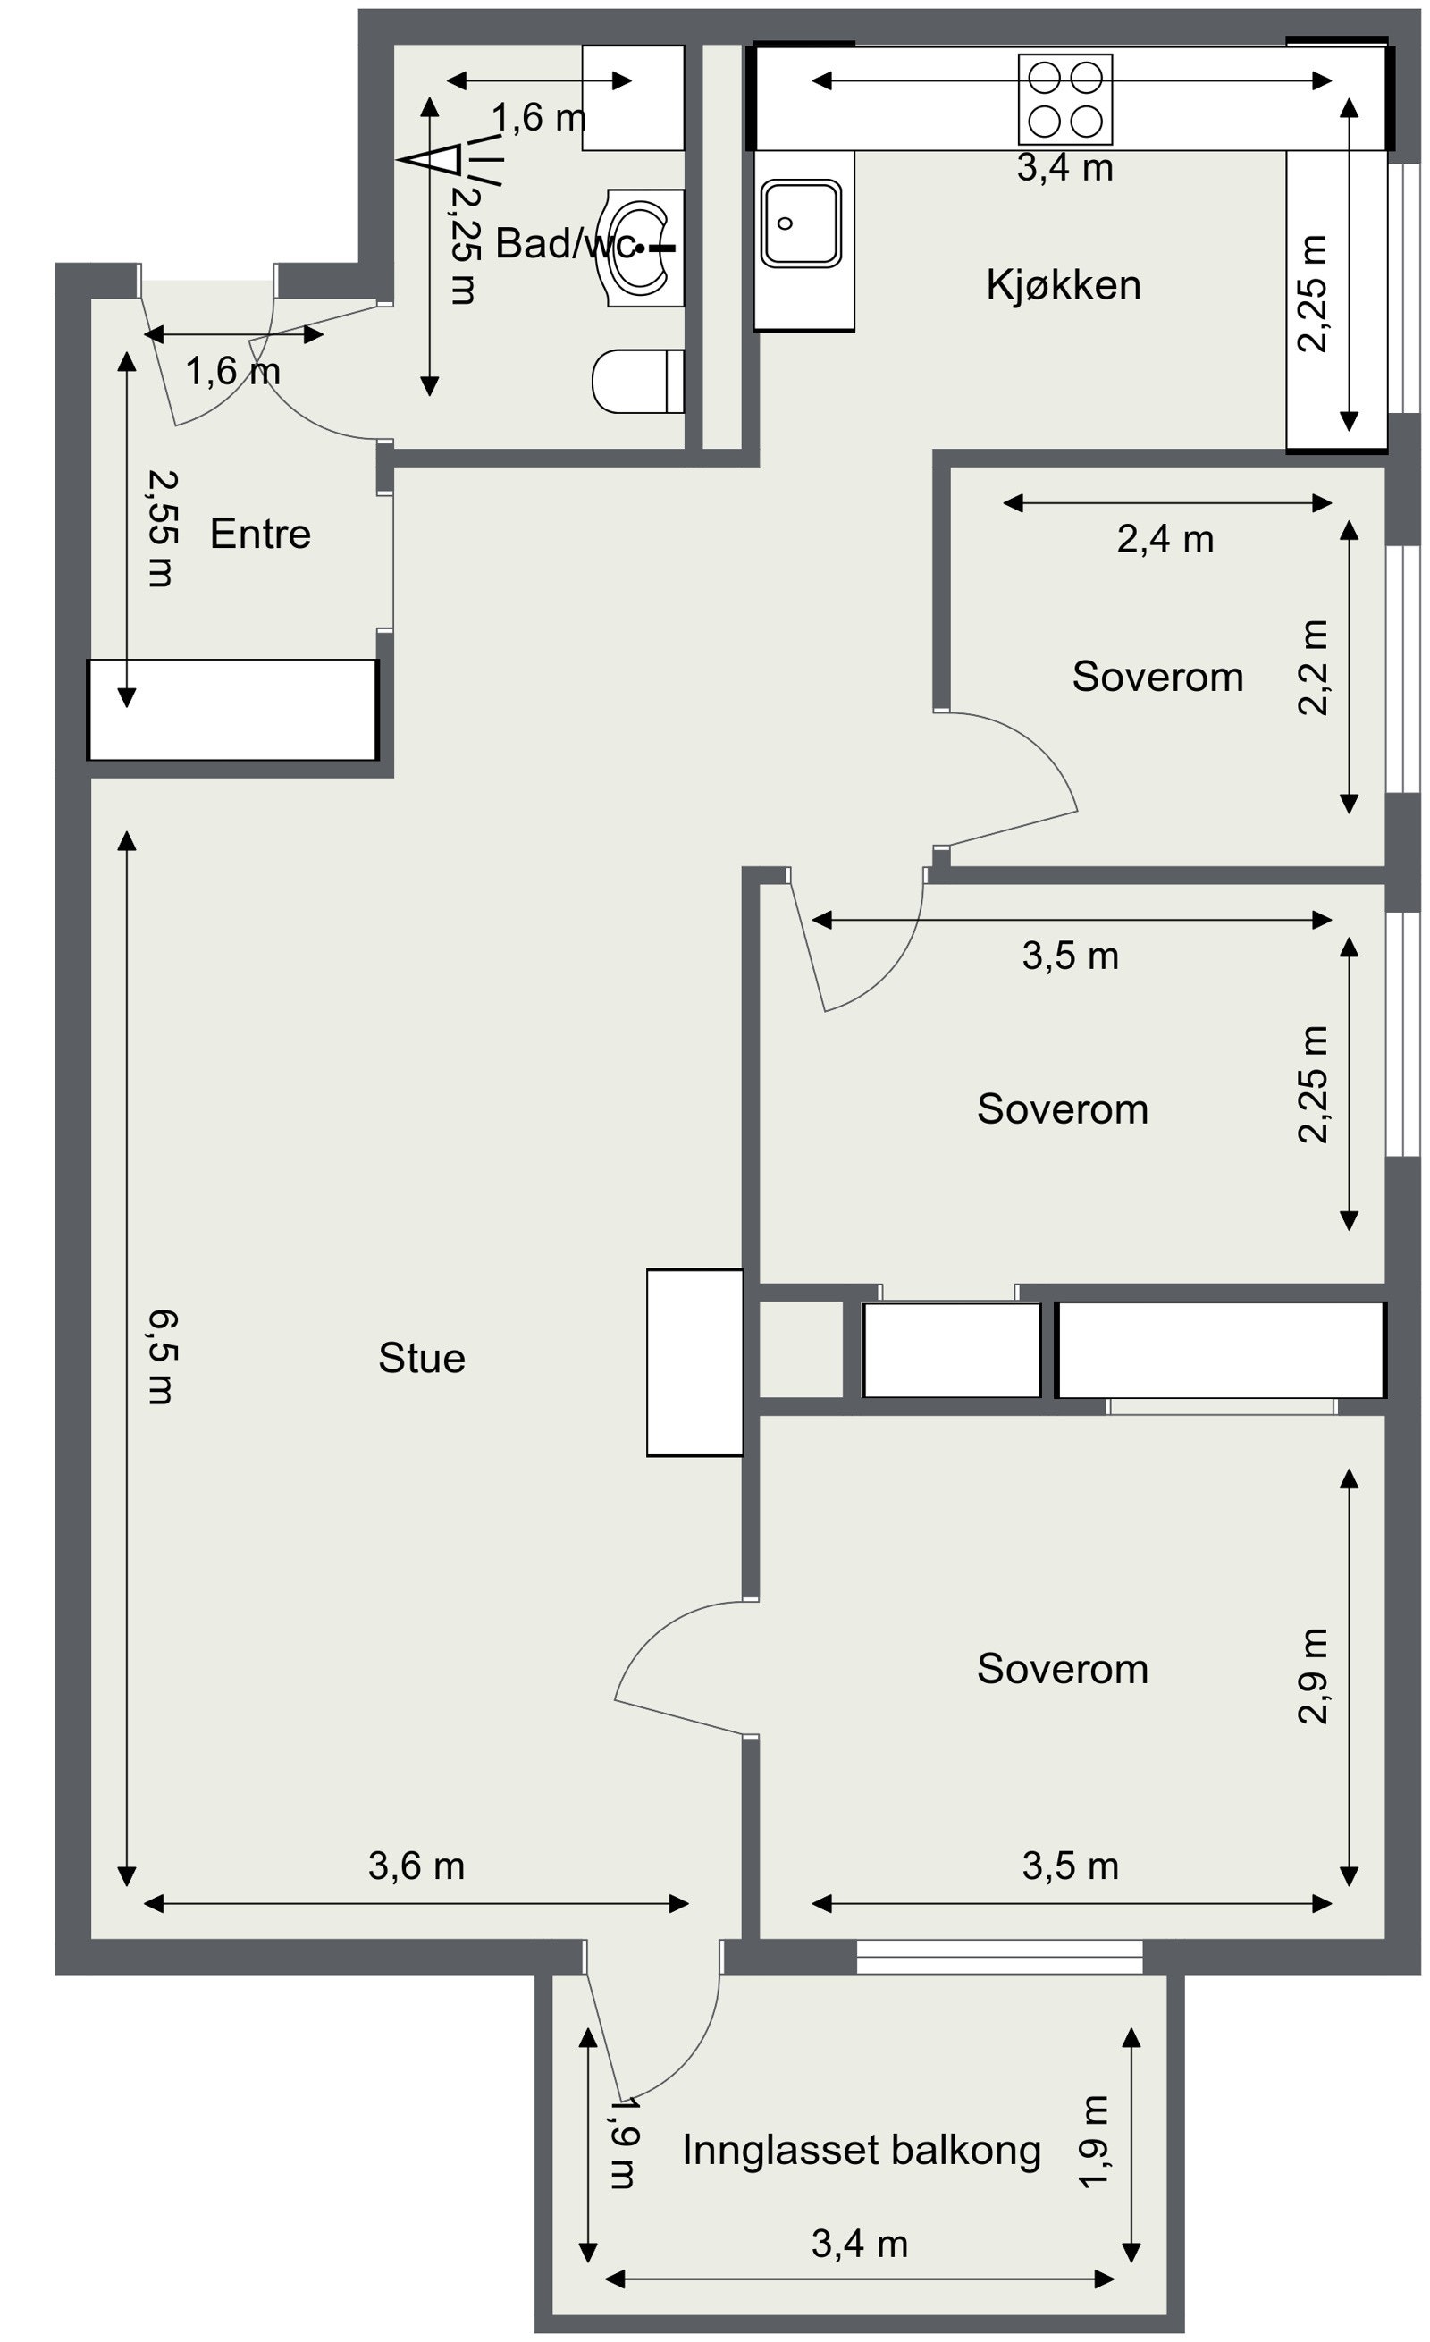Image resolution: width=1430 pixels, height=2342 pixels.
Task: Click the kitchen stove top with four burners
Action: [x=1064, y=99]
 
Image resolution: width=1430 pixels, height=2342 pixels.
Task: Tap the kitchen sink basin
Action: [x=800, y=223]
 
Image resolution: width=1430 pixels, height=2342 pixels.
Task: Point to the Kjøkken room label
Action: [x=1063, y=285]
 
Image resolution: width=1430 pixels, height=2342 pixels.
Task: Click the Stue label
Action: [x=421, y=1357]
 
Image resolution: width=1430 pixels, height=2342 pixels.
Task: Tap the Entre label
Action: [x=259, y=534]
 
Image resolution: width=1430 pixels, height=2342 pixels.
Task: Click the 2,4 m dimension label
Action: [x=1164, y=539]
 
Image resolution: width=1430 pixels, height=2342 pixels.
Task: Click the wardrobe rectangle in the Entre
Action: [x=231, y=709]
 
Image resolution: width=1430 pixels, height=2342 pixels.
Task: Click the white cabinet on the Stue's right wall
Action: [x=694, y=1361]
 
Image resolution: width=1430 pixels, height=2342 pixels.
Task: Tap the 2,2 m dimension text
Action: [x=1312, y=666]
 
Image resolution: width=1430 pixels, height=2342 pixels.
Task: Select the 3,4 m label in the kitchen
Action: [x=1064, y=168]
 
